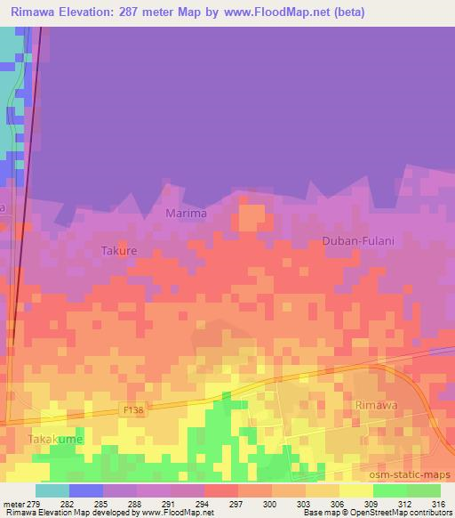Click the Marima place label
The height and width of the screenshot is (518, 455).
(x=186, y=214)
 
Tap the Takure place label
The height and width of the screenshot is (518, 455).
(x=118, y=251)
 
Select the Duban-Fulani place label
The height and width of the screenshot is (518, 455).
(x=357, y=241)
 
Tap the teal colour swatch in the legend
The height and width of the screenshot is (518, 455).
(x=52, y=490)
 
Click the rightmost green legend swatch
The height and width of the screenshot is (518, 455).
(x=423, y=490)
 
